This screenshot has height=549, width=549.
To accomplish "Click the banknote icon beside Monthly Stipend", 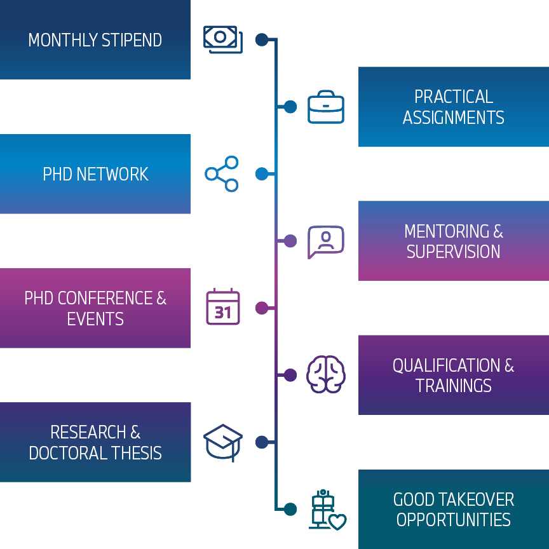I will click(222, 39).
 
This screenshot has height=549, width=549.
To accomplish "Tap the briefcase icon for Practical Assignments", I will click(326, 107).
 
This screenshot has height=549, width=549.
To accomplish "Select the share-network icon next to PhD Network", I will click(222, 173).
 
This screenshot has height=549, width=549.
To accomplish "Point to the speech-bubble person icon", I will click(325, 241).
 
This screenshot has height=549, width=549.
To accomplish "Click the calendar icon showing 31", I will click(223, 308).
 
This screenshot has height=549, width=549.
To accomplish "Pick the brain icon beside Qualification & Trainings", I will click(326, 374).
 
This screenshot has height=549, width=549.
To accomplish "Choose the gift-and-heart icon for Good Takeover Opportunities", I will click(327, 510).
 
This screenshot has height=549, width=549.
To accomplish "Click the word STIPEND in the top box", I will click(132, 40).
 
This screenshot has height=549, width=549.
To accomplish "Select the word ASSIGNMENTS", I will click(454, 118).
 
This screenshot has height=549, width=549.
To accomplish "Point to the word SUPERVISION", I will click(454, 252).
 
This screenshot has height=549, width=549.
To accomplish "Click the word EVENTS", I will click(95, 319).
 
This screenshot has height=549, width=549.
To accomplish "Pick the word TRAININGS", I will click(454, 386).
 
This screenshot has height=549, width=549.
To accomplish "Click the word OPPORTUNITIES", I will click(454, 520).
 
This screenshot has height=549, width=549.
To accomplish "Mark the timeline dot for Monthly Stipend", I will click(261, 39).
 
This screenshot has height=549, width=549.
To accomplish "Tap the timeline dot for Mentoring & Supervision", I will click(290, 241).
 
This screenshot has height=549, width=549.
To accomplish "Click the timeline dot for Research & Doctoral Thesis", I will click(261, 442).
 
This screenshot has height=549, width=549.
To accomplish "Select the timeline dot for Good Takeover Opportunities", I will click(290, 509).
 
